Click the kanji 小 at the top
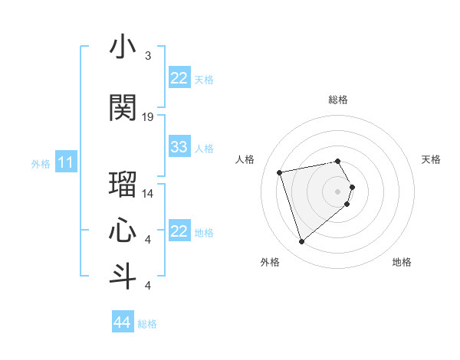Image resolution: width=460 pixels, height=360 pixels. (x=123, y=47)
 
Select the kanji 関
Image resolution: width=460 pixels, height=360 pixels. (x=123, y=108)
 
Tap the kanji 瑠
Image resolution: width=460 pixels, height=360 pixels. (x=123, y=185)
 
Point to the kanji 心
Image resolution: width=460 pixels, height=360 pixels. (x=123, y=229)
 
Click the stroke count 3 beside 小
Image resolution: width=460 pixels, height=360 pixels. (x=147, y=56)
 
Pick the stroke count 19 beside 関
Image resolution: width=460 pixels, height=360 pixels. (x=148, y=116)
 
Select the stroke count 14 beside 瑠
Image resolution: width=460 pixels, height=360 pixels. (x=148, y=193)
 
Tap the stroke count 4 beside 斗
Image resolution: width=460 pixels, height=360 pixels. (x=147, y=285)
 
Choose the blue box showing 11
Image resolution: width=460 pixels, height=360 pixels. (x=66, y=162)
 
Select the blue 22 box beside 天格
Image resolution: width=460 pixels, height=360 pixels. (x=179, y=78)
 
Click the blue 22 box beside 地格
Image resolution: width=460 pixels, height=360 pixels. (x=179, y=231)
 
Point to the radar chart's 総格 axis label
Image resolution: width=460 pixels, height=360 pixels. (x=338, y=100)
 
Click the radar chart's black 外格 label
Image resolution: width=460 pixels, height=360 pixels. (x=270, y=262)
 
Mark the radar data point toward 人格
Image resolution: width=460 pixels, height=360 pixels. (x=280, y=172)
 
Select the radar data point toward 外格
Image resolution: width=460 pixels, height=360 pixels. (x=301, y=242)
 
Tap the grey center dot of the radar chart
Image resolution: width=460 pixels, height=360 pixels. (x=338, y=191)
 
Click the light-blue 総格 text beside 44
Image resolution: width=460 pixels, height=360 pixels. (x=147, y=324)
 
